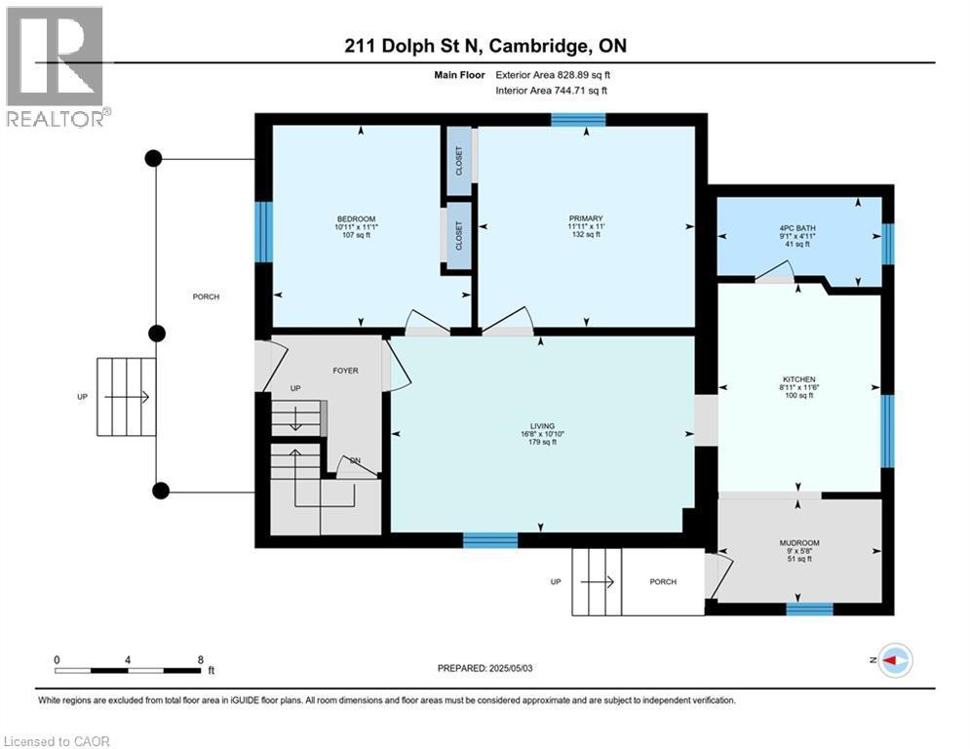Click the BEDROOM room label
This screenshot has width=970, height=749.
356,218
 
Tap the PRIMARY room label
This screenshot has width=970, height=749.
586,218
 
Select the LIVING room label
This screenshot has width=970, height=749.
542,426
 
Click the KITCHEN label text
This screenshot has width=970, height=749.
798,379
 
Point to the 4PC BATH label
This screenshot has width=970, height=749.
798,230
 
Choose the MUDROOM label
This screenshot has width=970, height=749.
798,542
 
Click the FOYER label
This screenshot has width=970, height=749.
345,371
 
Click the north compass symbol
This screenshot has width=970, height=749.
895,660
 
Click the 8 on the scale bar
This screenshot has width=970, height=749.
200,659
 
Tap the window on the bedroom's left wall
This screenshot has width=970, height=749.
263,231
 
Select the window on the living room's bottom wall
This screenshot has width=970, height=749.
489,540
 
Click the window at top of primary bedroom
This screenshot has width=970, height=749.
577,120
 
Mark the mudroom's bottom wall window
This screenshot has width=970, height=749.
809,610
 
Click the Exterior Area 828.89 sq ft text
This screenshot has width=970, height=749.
553,74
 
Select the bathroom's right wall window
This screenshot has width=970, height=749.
887,244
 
